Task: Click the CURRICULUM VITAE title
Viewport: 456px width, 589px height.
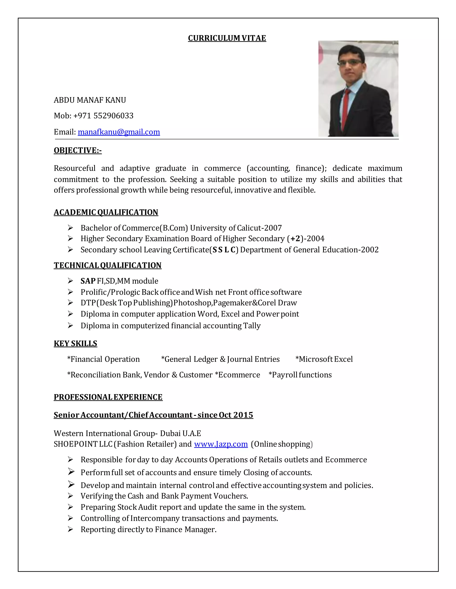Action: pyautogui.click(x=227, y=38)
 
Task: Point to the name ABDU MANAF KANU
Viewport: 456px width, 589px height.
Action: pyautogui.click(x=90, y=100)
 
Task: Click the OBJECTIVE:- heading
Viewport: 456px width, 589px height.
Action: pyautogui.click(x=77, y=150)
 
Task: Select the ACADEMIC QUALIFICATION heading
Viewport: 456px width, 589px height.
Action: pyautogui.click(x=106, y=212)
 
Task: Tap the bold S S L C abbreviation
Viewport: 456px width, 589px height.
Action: pyautogui.click(x=224, y=250)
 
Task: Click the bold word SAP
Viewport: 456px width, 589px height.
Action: pyautogui.click(x=88, y=281)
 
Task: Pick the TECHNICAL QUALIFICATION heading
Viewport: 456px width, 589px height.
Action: pyautogui.click(x=108, y=265)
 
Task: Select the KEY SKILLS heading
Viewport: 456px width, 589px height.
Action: pyautogui.click(x=75, y=343)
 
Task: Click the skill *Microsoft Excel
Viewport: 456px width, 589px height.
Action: pyautogui.click(x=324, y=359)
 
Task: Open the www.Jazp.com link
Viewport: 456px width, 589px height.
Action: pyautogui.click(x=221, y=444)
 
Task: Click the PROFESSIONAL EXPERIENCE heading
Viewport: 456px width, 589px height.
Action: pyautogui.click(x=108, y=397)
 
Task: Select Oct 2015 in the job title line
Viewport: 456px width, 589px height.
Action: pyautogui.click(x=236, y=415)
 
